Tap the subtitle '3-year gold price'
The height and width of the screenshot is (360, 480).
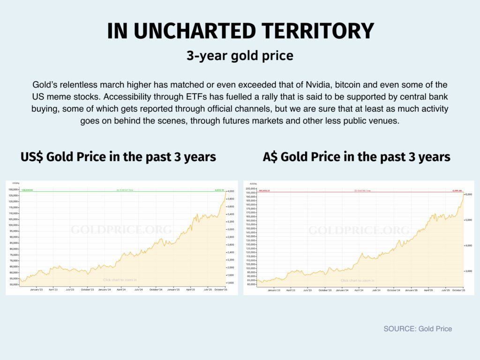tap(240, 56)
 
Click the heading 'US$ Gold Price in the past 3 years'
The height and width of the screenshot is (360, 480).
tap(118, 157)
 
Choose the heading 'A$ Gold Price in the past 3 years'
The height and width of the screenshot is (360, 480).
tap(356, 157)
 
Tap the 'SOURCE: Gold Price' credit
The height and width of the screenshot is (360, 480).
tap(418, 329)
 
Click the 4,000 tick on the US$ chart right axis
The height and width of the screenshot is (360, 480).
tap(231, 192)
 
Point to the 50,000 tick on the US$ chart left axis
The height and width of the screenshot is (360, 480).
tap(13, 285)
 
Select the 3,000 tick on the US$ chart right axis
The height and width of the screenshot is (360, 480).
tap(231, 229)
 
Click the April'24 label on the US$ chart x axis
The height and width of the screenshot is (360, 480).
tap(121, 290)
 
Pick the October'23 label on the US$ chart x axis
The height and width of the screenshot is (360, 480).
tap(87, 290)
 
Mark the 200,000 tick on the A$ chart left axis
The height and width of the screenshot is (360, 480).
tap(250, 188)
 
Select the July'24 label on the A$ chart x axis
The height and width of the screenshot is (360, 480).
tap(376, 290)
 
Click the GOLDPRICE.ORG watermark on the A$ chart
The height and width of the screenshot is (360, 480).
tap(359, 230)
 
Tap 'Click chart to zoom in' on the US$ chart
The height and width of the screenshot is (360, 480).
tap(120, 280)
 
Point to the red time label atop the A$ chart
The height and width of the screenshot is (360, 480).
tap(359, 191)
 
